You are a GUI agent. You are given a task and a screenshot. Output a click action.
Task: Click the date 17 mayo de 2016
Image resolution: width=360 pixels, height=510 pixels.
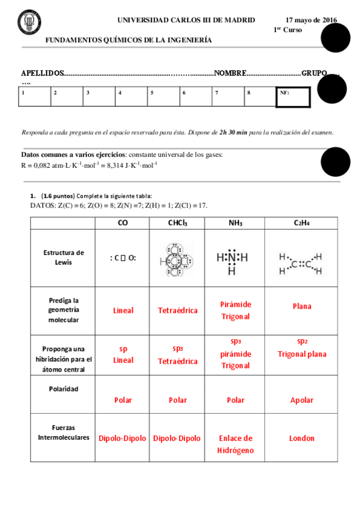point(311,20)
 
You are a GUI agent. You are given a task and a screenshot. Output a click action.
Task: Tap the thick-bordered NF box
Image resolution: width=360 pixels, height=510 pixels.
point(293,97)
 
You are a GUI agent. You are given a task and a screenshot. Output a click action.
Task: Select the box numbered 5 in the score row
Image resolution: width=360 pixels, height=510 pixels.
point(163,96)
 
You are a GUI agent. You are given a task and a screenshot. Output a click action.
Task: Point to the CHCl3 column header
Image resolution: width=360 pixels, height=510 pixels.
point(177,223)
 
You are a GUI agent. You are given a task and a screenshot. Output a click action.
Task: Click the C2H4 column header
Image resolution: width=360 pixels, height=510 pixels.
point(302,223)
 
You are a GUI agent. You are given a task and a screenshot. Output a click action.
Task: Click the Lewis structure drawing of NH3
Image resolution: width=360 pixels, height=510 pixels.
point(231,260)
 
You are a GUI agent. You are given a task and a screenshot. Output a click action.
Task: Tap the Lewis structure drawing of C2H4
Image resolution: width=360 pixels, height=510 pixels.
point(300,263)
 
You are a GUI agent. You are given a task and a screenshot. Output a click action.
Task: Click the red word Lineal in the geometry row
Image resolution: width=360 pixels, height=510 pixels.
point(123,310)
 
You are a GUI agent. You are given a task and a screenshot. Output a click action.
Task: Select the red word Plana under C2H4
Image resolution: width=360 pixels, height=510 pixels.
point(302,306)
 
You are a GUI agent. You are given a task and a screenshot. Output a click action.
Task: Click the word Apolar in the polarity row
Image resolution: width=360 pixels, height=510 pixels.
point(302,399)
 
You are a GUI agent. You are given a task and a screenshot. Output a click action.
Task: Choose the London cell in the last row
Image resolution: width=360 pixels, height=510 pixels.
point(302,438)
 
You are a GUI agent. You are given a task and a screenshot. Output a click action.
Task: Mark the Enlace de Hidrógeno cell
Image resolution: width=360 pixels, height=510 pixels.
point(236,444)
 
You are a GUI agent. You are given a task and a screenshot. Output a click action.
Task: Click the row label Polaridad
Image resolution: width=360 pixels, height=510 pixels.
point(63,389)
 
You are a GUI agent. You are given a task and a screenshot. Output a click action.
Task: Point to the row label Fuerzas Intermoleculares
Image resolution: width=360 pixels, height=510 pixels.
point(63,432)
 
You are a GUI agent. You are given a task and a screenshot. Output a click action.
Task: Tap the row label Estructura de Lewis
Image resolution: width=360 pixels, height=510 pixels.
point(63,257)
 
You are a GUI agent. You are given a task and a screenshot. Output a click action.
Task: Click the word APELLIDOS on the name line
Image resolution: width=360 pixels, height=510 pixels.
point(42,73)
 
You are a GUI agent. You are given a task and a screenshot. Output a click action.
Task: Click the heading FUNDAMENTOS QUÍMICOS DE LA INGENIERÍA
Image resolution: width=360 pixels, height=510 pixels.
point(129,40)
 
